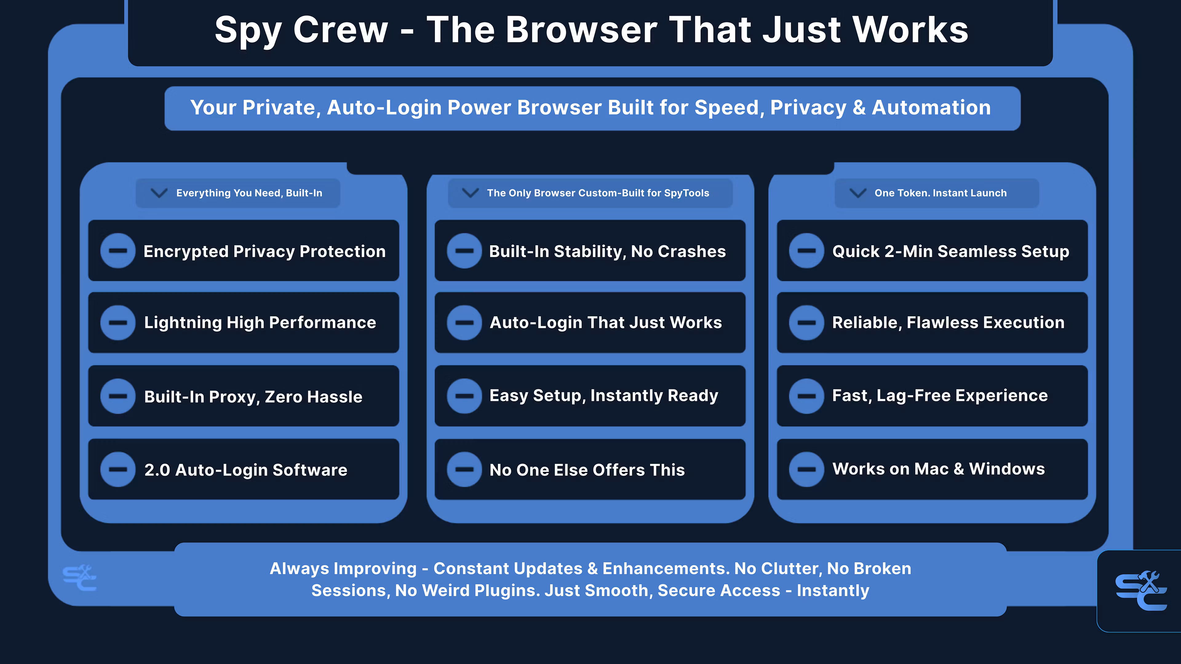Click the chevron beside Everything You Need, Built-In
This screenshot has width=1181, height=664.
point(159,193)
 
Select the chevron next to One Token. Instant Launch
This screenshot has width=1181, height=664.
point(858,193)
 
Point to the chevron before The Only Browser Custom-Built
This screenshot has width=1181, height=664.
point(470,193)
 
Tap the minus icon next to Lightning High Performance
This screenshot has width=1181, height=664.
point(118,322)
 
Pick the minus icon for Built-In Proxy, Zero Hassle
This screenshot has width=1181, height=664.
point(118,396)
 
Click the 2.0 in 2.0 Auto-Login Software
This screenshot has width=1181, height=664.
point(157,470)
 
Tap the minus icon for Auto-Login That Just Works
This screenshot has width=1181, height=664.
point(464,322)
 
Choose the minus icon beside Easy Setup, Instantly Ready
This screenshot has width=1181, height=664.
point(464,396)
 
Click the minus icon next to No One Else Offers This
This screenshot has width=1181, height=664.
point(464,469)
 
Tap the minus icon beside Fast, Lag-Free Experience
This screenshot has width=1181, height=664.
point(806,396)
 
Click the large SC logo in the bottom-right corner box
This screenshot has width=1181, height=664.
point(1141,591)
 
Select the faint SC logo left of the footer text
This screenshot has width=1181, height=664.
point(79,578)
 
